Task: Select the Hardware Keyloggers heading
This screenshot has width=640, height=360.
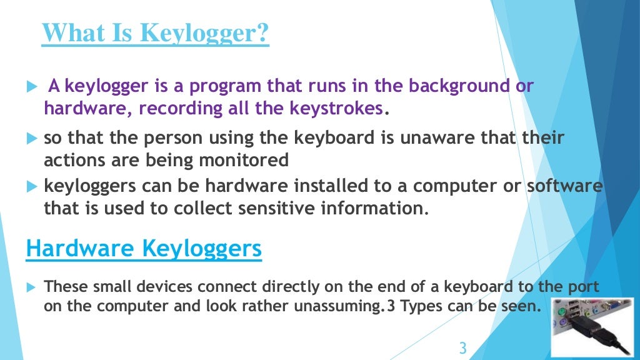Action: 144,249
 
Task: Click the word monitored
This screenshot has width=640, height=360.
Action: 244,161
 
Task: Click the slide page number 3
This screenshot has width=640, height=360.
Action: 462,347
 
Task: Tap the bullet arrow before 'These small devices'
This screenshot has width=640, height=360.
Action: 32,287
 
